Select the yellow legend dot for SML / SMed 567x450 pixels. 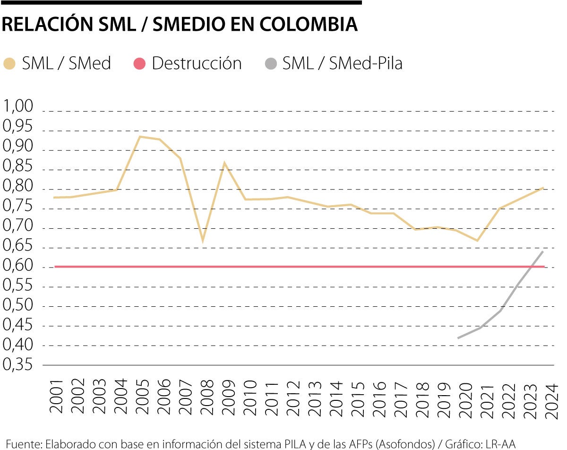pyautogui.click(x=9, y=64)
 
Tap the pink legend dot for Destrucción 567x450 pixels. pyautogui.click(x=139, y=64)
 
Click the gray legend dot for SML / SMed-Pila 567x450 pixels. pyautogui.click(x=270, y=64)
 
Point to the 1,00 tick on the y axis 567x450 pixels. pyautogui.click(x=18, y=106)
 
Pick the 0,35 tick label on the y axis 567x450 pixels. pyautogui.click(x=18, y=365)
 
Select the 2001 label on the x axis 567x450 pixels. pyautogui.click(x=57, y=396)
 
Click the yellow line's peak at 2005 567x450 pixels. pyautogui.click(x=140, y=137)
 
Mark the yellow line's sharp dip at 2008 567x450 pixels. pyautogui.click(x=203, y=241)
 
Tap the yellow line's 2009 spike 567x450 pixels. pyautogui.click(x=224, y=163)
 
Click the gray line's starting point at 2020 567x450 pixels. pyautogui.click(x=458, y=338)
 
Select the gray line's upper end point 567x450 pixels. pyautogui.click(x=543, y=251)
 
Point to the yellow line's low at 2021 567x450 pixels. pyautogui.click(x=478, y=241)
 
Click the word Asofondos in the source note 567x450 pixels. pyautogui.click(x=411, y=444)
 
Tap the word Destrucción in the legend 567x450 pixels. pyautogui.click(x=197, y=64)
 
